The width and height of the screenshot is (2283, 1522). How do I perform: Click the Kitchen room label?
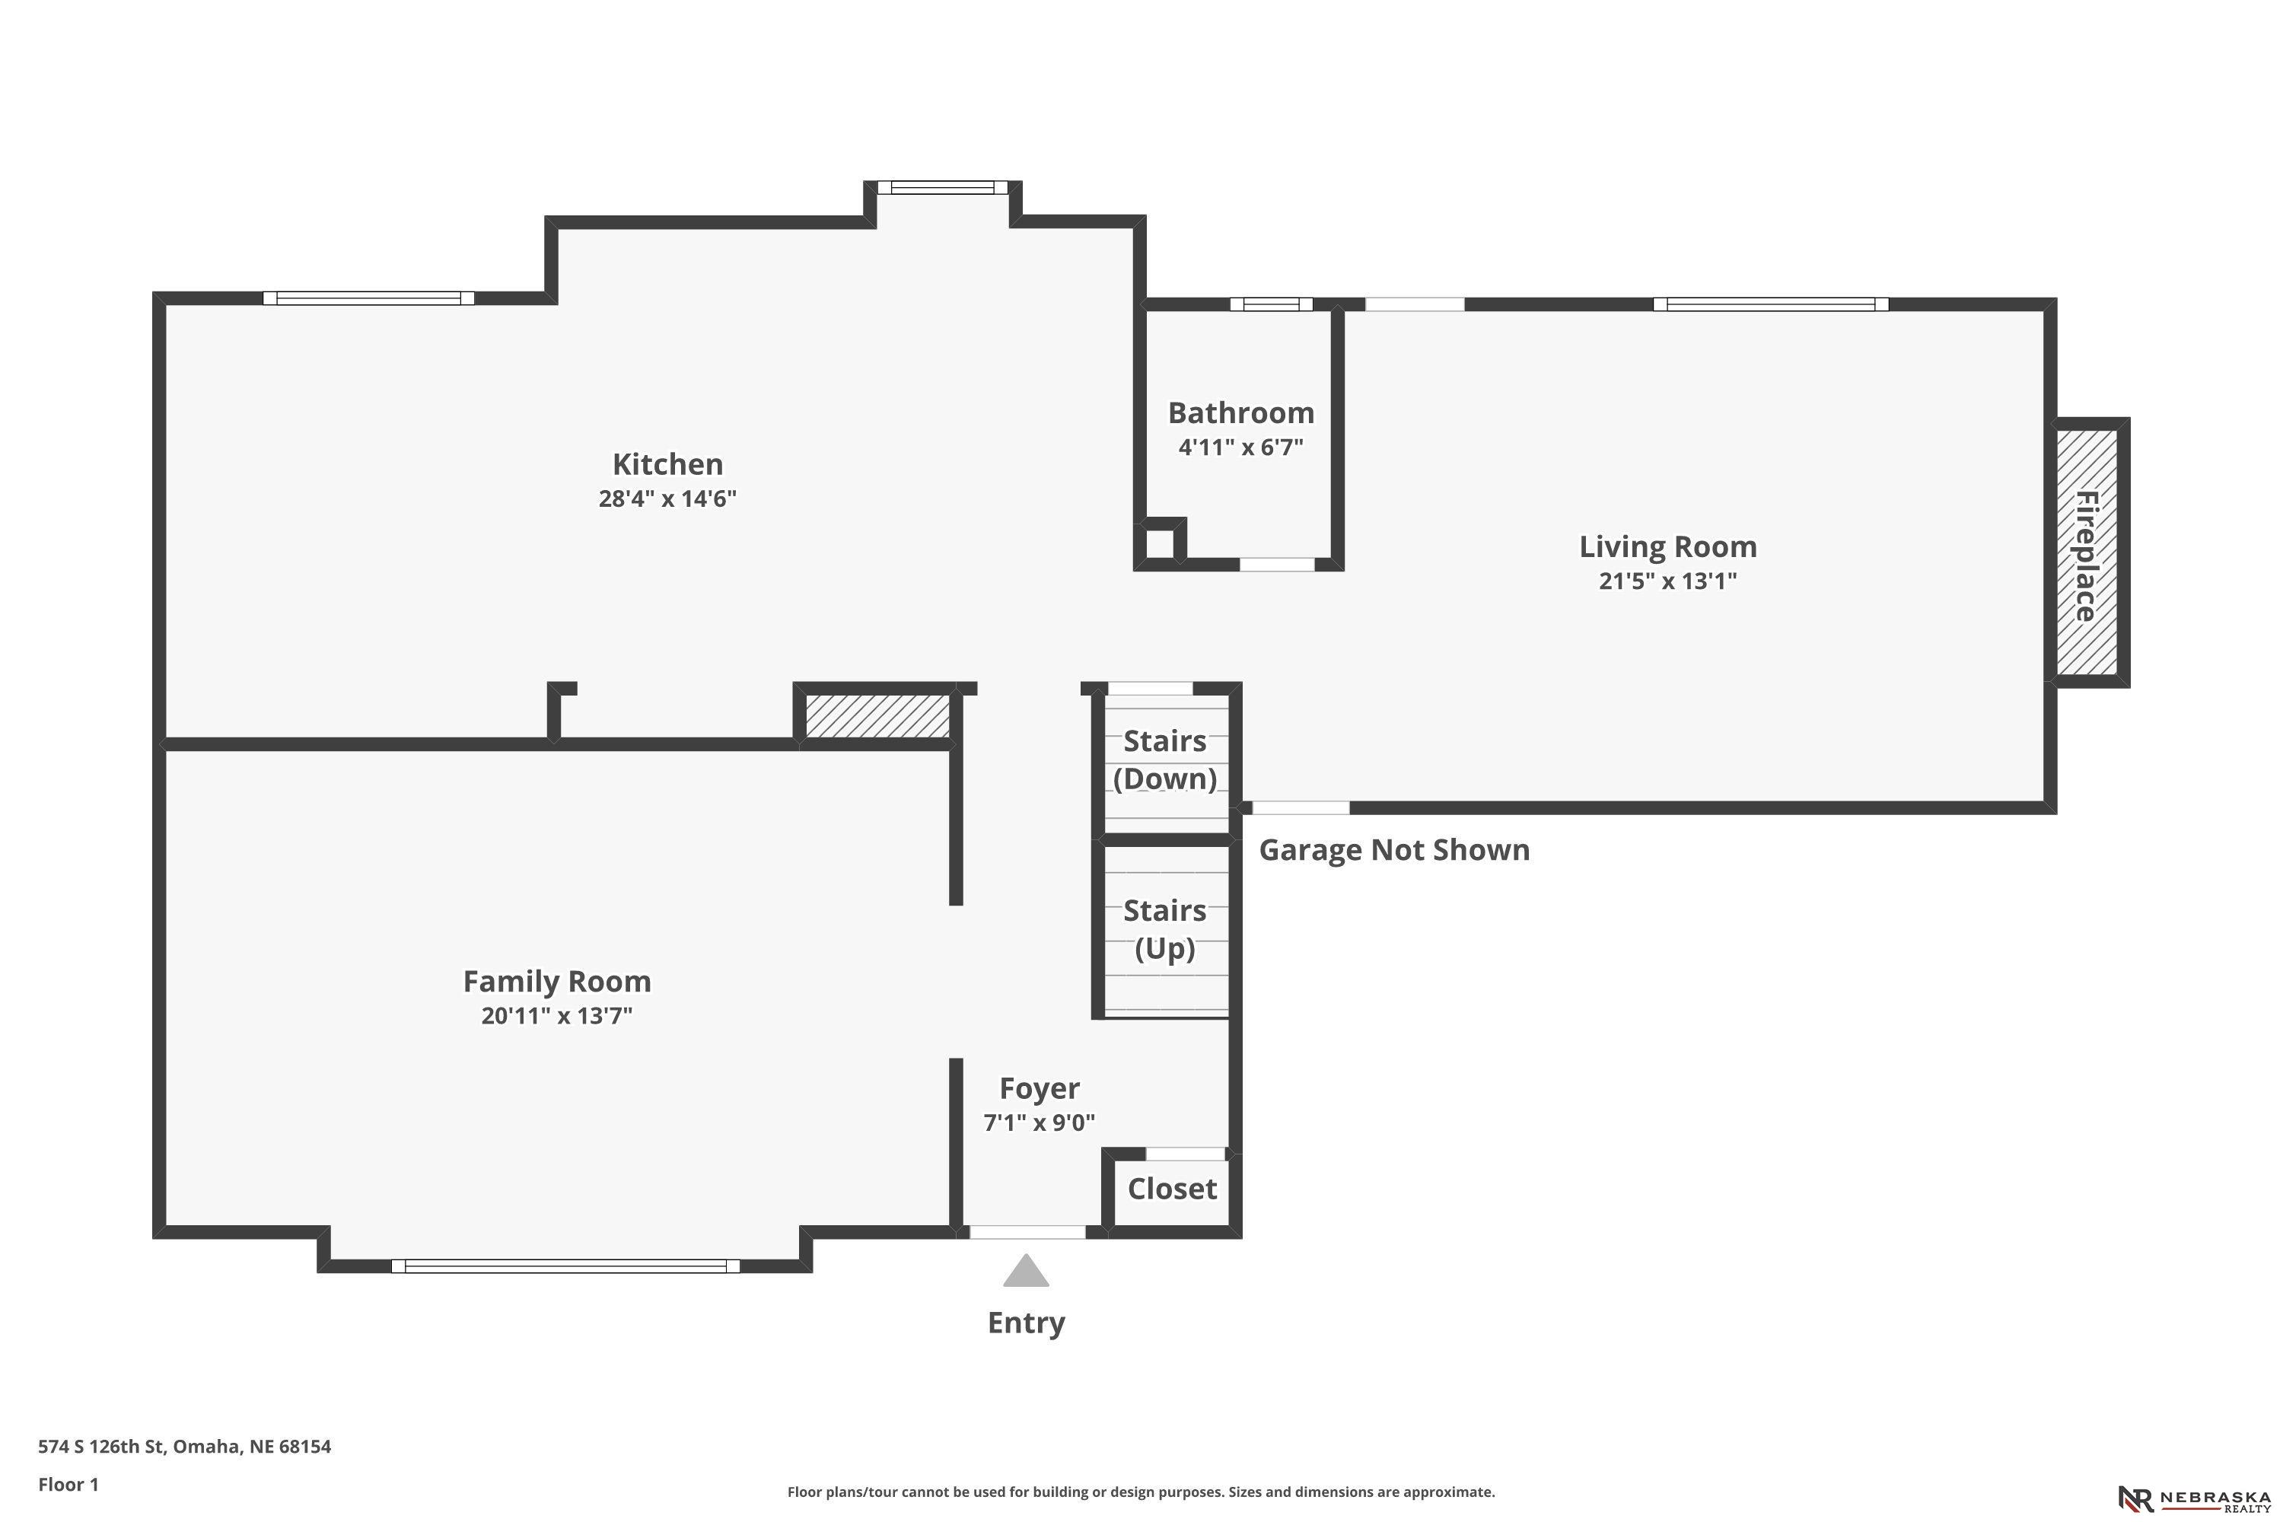[x=668, y=464]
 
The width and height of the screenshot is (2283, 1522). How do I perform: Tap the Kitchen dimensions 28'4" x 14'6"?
[x=668, y=499]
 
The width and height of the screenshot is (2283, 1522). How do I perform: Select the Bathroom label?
[x=1240, y=413]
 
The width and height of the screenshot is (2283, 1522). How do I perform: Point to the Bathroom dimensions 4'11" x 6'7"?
[x=1240, y=447]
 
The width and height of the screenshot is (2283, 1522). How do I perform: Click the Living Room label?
[x=1667, y=546]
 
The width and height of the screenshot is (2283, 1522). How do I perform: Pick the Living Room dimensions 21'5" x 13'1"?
[x=1667, y=581]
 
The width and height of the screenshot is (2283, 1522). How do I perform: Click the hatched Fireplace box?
[x=2087, y=552]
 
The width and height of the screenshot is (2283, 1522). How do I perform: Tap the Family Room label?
[x=557, y=982]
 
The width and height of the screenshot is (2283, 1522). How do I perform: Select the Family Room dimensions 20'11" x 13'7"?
[x=557, y=1016]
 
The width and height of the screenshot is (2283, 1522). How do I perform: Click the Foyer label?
[x=1040, y=1089]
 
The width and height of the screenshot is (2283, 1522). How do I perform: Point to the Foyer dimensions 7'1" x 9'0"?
[x=1040, y=1123]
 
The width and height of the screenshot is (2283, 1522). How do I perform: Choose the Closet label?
[x=1172, y=1189]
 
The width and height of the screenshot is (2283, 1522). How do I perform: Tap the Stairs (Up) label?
[x=1165, y=930]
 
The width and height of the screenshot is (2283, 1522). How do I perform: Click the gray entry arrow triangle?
[x=1026, y=1271]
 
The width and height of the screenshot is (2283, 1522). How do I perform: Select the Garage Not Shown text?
[x=1394, y=850]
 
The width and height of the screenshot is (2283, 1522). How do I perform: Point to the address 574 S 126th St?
[x=101, y=1447]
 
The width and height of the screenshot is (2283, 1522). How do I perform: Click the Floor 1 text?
[x=68, y=1484]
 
